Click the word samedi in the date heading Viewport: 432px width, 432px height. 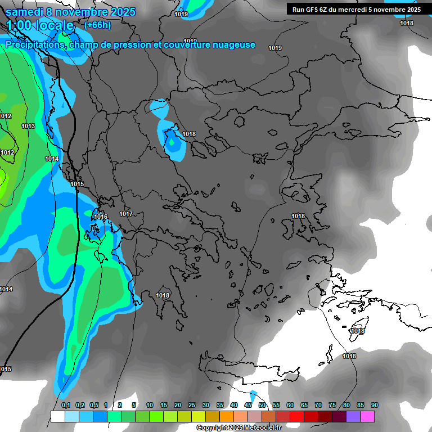25,11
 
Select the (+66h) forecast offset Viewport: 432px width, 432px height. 97,25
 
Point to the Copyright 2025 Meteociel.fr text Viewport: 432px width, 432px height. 238,428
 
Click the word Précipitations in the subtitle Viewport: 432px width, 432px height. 34,45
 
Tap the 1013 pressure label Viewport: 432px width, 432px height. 28,126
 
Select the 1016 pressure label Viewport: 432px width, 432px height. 101,217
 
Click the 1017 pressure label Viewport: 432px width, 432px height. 126,214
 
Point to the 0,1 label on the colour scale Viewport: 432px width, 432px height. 66,406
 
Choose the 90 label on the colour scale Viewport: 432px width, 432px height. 375,406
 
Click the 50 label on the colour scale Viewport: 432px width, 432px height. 262,406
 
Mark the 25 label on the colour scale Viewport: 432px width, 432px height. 192,406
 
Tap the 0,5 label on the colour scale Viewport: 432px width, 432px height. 93,406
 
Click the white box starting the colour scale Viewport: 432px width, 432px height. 57,416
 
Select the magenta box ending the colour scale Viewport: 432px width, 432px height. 367,416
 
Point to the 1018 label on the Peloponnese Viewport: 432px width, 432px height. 163,295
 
